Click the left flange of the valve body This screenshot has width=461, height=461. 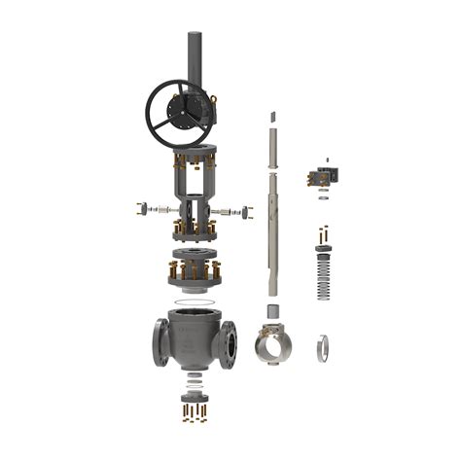[160, 341]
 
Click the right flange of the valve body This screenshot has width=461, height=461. [230, 341]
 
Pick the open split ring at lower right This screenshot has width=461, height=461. [322, 347]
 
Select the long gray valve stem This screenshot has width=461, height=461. [271, 224]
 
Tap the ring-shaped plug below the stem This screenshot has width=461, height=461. [273, 346]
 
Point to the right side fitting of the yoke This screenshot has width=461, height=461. [233, 210]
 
